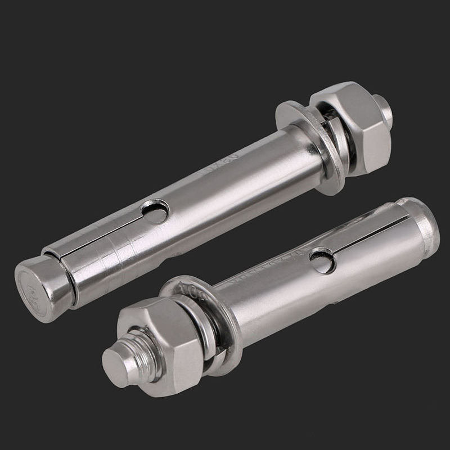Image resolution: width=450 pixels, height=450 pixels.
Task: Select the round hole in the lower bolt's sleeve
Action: click(323, 260)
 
